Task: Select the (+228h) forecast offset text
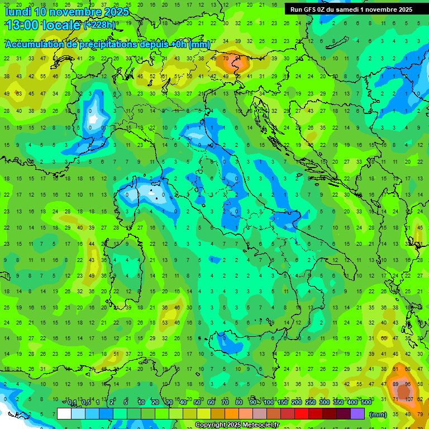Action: pos(100,25)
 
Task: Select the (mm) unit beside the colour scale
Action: pos(378,414)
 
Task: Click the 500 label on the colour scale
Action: pos(366,403)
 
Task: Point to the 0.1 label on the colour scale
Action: pos(72,403)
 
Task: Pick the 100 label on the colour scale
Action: pos(269,403)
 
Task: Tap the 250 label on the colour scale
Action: pos(311,403)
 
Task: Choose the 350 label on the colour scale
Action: pos(339,403)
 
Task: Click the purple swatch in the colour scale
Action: pos(358,414)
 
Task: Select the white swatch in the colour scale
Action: pos(64,414)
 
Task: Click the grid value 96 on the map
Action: pos(408,384)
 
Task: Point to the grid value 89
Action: pos(396,384)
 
